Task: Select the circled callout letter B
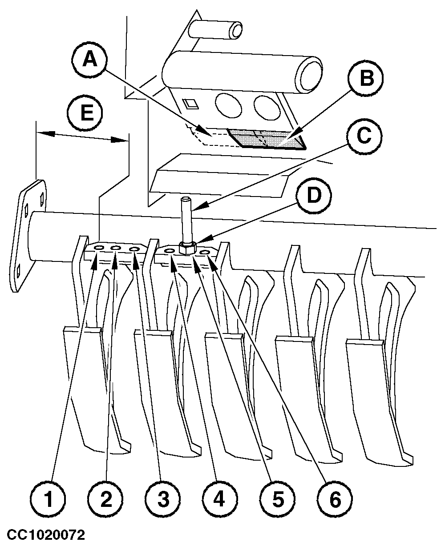coord(366,80)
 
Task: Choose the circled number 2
coord(105,500)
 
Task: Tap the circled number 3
coord(162,500)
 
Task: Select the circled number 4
coord(218,500)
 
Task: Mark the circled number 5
coord(277,500)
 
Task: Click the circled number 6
coord(335,500)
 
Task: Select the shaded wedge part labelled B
coord(267,139)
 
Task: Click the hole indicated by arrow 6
coord(205,253)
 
